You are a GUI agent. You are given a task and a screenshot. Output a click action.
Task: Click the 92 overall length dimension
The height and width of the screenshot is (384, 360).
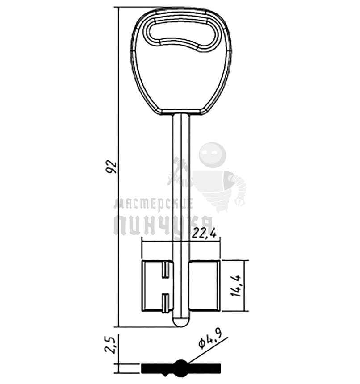[113, 167]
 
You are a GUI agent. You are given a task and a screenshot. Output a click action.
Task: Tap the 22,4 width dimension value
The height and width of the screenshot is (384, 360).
[204, 233]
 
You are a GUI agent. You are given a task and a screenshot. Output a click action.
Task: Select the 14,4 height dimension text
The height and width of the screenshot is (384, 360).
[237, 286]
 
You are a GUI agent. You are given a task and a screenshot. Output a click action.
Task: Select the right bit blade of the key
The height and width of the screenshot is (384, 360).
[205, 286]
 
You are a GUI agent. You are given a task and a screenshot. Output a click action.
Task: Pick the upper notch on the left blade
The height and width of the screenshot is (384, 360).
[166, 270]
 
